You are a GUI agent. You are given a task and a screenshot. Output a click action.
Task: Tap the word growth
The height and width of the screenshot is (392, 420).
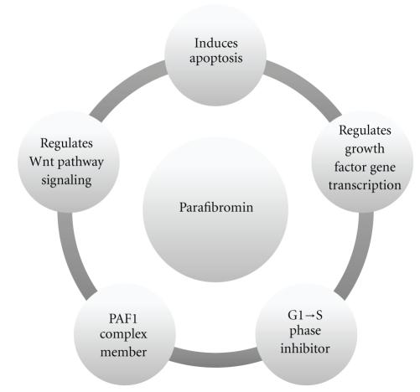click(x=364, y=148)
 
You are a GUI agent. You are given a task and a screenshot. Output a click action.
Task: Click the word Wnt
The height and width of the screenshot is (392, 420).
click(x=41, y=158)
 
